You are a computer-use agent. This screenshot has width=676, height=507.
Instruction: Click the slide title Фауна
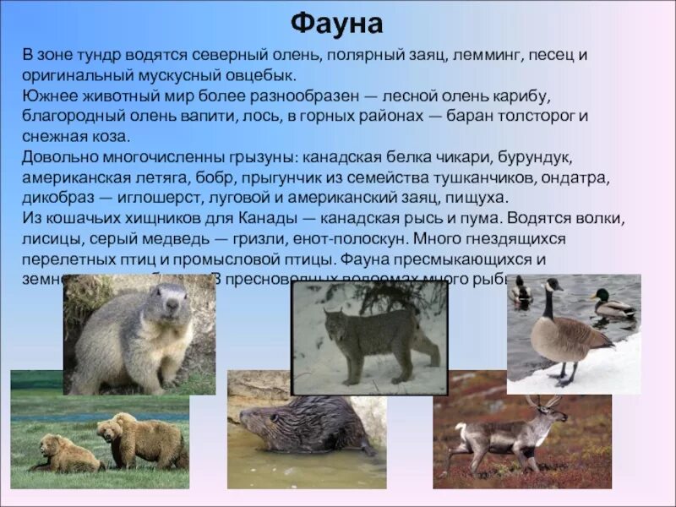[x=337, y=23]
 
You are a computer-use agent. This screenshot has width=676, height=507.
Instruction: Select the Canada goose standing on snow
[x=562, y=330]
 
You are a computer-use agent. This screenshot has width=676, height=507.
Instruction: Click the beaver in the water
[x=296, y=422]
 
